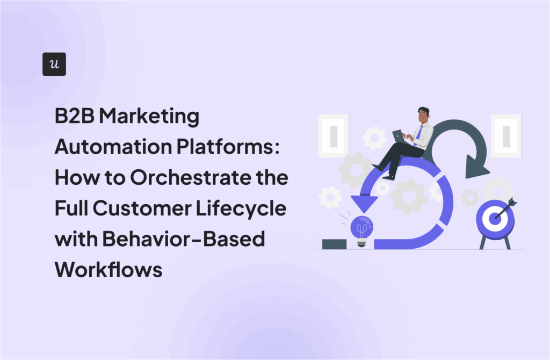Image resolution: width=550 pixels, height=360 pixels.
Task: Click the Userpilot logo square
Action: pyautogui.click(x=54, y=64)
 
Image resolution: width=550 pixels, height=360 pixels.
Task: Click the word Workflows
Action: pyautogui.click(x=108, y=269)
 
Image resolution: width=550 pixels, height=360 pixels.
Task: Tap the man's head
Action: pyautogui.click(x=423, y=114)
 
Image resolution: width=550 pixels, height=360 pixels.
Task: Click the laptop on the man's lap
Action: pyautogui.click(x=399, y=136)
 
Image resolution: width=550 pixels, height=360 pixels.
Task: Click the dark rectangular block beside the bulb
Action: pyautogui.click(x=334, y=244)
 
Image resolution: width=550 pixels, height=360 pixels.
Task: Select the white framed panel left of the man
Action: pyautogui.click(x=333, y=135)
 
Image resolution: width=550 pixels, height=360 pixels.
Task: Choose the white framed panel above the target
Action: pyautogui.click(x=505, y=135)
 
